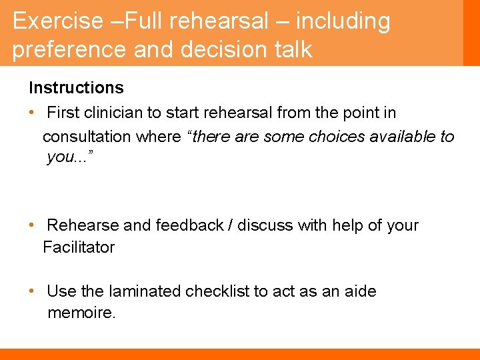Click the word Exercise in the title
[55, 21]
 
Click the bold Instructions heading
[76, 88]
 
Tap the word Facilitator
[79, 247]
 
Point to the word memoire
[81, 313]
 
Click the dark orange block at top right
[471, 33]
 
